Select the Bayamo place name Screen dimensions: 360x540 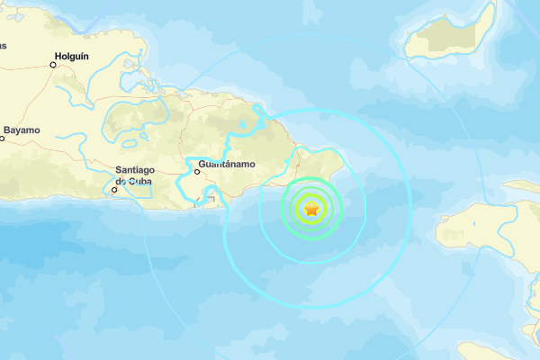pos(22,130)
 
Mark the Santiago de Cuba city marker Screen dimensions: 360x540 pos(114,189)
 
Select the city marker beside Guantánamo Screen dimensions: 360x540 pos(197,171)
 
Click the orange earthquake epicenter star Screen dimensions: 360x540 pos(311,210)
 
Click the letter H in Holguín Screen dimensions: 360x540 pos(58,56)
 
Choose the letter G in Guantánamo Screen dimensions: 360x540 pos(202,165)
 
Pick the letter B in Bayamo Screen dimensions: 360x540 pos(7,130)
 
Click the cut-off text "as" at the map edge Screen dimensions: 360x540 pos(3,45)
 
